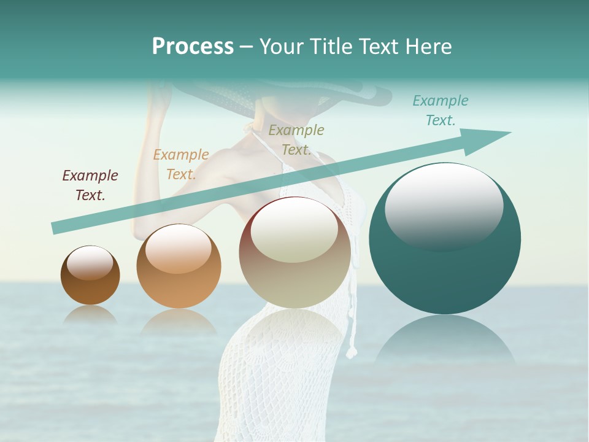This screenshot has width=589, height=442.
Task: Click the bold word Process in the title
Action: point(193,47)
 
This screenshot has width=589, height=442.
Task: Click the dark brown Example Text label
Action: point(90,185)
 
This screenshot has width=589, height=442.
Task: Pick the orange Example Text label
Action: point(181,165)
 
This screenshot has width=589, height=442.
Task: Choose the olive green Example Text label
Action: point(296,140)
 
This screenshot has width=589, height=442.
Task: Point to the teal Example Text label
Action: point(440,110)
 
